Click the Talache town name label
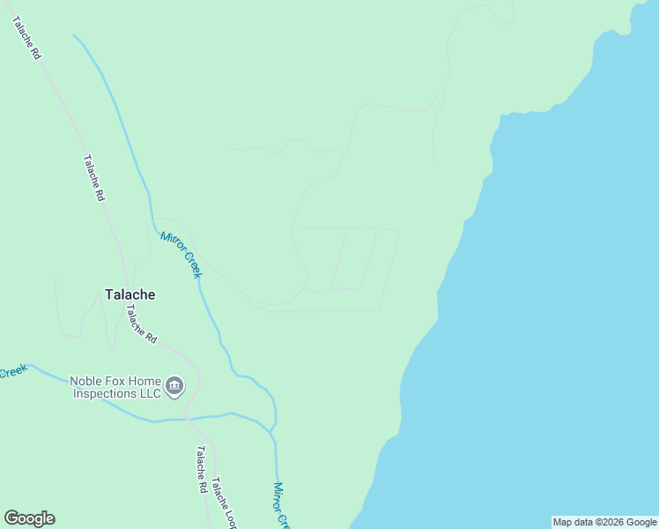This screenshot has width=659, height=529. [x=130, y=294]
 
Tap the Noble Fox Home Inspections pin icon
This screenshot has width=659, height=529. [x=174, y=386]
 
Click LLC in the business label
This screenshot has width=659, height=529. [x=150, y=393]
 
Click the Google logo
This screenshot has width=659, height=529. [x=29, y=518]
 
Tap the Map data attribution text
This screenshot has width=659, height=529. [x=604, y=522]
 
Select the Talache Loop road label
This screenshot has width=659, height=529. [x=225, y=503]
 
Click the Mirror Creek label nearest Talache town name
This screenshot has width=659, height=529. [x=181, y=254]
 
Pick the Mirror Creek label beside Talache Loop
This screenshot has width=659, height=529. [x=280, y=504]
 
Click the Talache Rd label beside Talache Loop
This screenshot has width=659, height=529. [x=202, y=469]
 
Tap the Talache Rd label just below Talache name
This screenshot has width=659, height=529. [x=140, y=324]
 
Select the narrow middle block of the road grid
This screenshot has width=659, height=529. [x=354, y=257]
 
